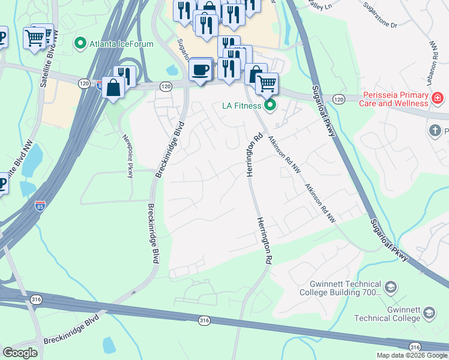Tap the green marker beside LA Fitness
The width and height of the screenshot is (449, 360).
pos(270,106)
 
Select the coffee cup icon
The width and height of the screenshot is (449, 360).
pos(201,70)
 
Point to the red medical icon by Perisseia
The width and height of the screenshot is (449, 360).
pos(438,97)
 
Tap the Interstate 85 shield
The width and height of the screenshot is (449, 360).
pos(40,205)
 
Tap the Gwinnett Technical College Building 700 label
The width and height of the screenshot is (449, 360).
pos(345,289)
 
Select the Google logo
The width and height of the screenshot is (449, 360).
pos(20,352)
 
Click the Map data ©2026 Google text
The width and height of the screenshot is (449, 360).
pos(411,355)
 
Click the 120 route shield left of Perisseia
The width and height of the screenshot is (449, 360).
pos(339,99)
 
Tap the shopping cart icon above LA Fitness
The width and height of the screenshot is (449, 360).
pos(267,83)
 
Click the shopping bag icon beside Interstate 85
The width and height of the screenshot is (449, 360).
pos(113,88)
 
